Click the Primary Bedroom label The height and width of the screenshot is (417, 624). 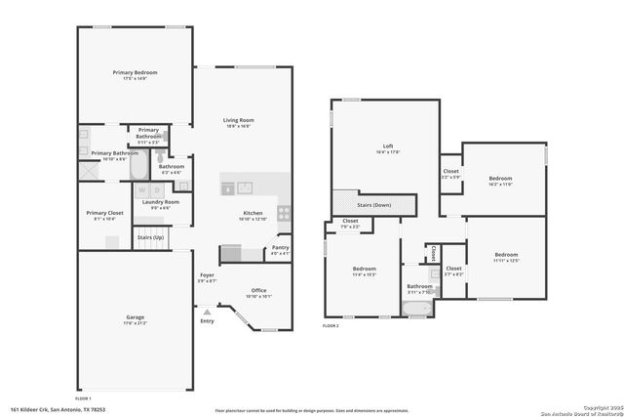tap(135, 72)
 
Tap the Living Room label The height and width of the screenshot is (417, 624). tap(239, 119)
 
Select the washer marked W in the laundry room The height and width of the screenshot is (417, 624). tap(142, 189)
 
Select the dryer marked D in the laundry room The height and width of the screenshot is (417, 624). tap(156, 189)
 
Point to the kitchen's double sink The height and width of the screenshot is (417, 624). tap(243, 187)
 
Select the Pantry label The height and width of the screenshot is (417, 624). tap(280, 248)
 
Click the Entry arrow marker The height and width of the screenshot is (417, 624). tap(206, 312)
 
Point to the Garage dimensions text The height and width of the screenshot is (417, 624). tap(135, 322)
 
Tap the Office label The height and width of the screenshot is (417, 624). tap(258, 290)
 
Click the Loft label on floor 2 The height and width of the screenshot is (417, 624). tap(388, 146)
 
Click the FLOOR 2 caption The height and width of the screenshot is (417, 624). tap(331, 325)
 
